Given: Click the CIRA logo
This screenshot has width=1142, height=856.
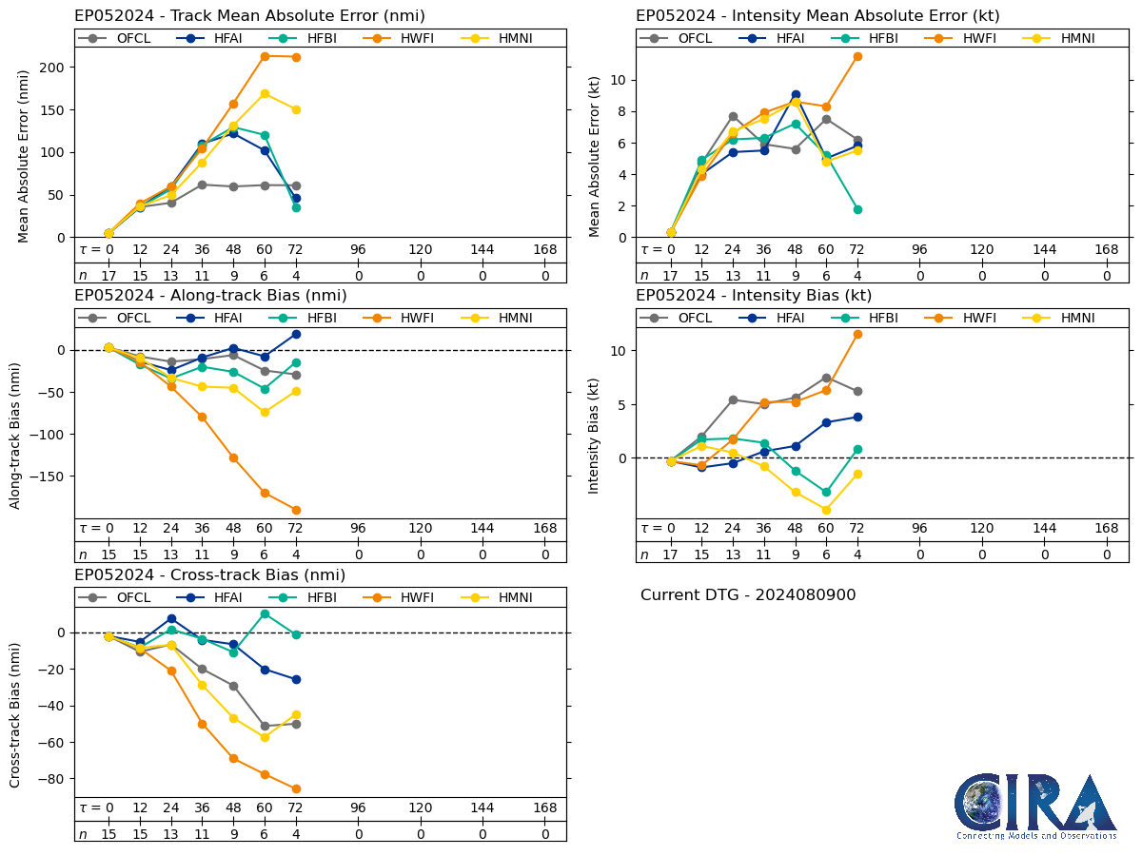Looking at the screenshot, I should click(x=1035, y=807).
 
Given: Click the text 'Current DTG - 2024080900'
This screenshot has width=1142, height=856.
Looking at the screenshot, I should click(x=748, y=595).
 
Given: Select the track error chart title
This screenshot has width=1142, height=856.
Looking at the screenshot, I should click(x=249, y=16).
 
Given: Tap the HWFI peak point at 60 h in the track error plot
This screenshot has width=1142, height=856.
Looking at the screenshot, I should click(x=265, y=56).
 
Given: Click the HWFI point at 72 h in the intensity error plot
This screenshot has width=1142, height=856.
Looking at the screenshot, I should click(x=856, y=56).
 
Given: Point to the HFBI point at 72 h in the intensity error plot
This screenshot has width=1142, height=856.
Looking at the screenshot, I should click(x=856, y=209).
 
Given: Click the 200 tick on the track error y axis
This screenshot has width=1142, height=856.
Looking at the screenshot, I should click(x=52, y=68).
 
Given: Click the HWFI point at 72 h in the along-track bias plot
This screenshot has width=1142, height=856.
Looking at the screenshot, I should click(x=296, y=510).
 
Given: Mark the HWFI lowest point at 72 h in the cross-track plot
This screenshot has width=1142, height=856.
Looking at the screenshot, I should click(x=296, y=788).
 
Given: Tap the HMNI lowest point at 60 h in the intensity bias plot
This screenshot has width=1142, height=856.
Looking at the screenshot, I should click(x=826, y=510).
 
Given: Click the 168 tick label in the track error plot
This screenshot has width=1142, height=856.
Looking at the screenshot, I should click(x=544, y=249).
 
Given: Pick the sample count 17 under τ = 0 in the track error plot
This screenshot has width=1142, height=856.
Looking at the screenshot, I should click(x=108, y=276).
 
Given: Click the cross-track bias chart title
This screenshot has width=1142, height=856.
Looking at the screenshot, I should click(x=209, y=575).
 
